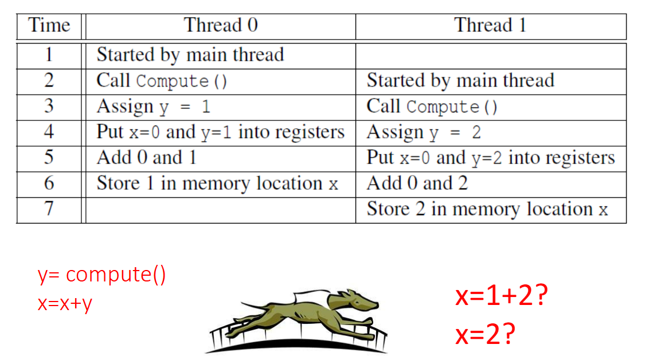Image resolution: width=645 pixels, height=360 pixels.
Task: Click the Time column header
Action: [x=49, y=26]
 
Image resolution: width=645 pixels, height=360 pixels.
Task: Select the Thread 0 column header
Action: [x=221, y=26]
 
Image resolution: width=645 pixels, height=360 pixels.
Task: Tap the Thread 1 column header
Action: [x=490, y=26]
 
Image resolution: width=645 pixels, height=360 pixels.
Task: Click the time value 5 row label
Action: [x=49, y=158]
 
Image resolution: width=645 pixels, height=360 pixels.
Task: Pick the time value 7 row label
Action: [x=49, y=209]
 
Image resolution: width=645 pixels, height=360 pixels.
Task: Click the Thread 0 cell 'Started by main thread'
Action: [x=190, y=55]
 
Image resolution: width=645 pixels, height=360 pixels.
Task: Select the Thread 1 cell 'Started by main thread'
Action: [x=460, y=81]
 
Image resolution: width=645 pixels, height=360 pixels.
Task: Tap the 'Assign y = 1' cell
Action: [x=153, y=107]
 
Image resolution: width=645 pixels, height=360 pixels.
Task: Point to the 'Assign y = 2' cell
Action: [x=424, y=132]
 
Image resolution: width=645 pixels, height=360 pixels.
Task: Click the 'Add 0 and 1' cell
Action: [x=146, y=158]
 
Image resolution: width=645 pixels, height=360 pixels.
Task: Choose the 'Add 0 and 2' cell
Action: [x=417, y=183]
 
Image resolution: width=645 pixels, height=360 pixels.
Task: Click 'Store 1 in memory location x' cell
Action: [x=217, y=183]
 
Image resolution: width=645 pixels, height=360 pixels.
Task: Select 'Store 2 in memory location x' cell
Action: [x=487, y=209]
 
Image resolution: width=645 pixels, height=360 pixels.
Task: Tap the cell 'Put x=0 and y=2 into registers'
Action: [x=490, y=158]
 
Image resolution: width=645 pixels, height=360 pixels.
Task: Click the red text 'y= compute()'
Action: [x=102, y=275]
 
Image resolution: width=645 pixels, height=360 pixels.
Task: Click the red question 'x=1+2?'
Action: [x=499, y=296]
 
